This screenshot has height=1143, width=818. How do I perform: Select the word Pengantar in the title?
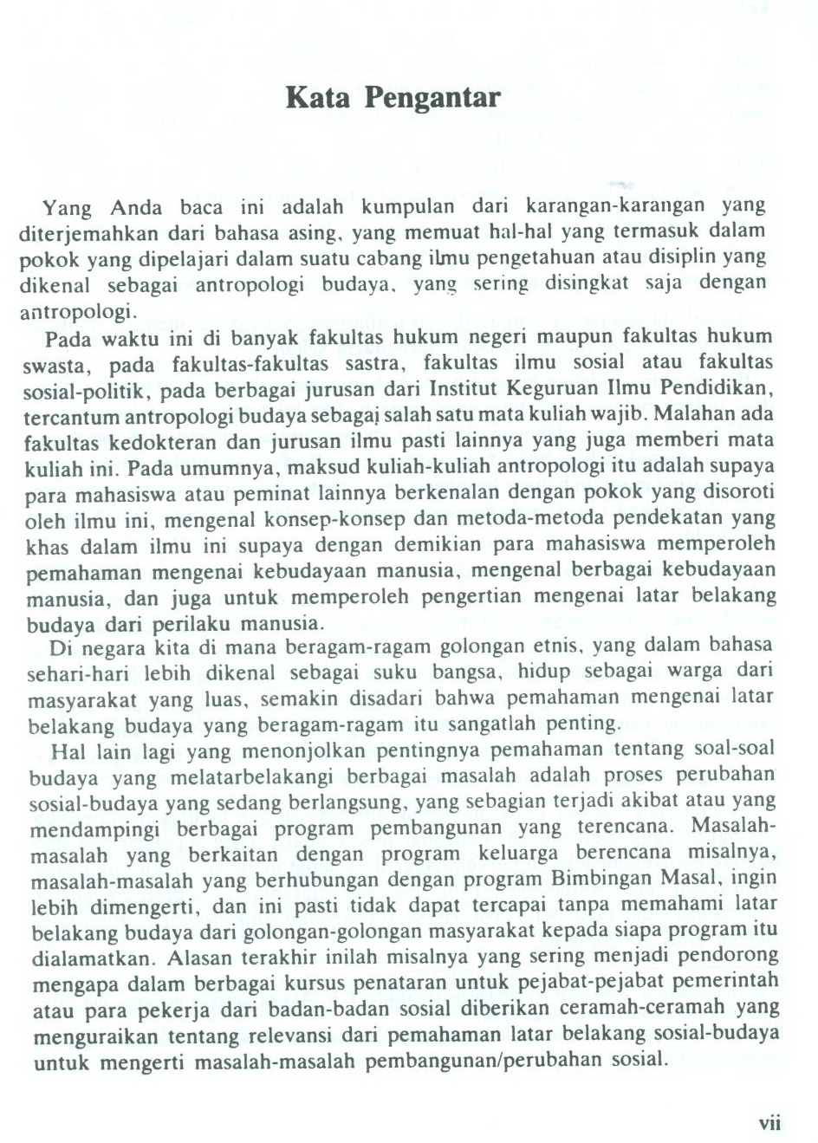(x=432, y=98)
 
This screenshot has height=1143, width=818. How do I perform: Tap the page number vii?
(x=769, y=1124)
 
